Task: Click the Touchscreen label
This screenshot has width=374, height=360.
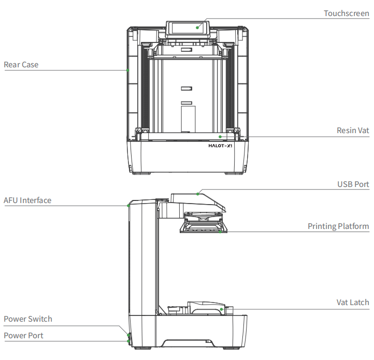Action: click(x=347, y=13)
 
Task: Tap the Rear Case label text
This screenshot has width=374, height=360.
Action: click(x=21, y=65)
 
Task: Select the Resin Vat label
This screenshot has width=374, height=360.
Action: click(x=353, y=131)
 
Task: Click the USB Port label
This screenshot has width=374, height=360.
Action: click(x=353, y=184)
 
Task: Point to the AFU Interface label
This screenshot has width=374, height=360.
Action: click(x=27, y=200)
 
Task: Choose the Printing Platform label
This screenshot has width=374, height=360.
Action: click(x=338, y=226)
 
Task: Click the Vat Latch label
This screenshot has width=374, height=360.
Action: click(x=353, y=303)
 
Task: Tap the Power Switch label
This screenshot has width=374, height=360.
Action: click(x=28, y=319)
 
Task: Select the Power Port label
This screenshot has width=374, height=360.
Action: click(x=24, y=336)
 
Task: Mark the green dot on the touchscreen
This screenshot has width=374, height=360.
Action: click(x=198, y=27)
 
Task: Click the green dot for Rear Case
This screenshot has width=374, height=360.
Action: click(x=128, y=69)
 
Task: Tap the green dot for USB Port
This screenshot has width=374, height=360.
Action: click(x=198, y=194)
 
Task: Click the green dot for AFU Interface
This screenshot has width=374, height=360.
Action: click(x=128, y=206)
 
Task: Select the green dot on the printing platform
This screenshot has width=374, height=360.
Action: click(x=220, y=232)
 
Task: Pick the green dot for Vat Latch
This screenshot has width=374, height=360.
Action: click(x=221, y=309)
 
